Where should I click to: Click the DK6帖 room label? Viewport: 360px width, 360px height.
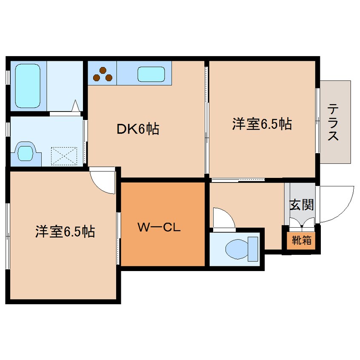[138, 129]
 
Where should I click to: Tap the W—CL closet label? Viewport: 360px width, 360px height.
[159, 228]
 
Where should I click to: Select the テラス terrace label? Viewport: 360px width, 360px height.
[333, 123]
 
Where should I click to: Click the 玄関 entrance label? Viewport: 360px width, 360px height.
[302, 205]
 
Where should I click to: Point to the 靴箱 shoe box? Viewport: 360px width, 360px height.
[301, 240]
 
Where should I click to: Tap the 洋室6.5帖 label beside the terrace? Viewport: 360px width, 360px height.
[262, 124]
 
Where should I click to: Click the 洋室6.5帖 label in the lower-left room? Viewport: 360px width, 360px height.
[65, 231]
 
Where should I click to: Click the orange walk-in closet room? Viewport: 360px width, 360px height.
[163, 247]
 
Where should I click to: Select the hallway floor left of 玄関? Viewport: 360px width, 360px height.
[247, 200]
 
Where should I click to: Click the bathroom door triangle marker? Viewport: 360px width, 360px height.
[76, 106]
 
